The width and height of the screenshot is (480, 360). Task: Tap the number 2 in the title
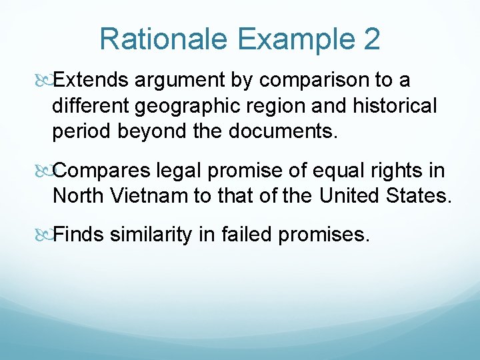coord(371,39)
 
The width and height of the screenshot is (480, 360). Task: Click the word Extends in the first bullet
coord(91,81)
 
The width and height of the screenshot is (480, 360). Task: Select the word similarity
coord(151,235)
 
